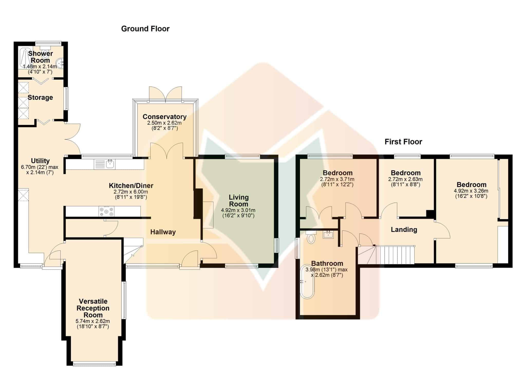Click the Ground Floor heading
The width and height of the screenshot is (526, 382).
pyautogui.click(x=145, y=29)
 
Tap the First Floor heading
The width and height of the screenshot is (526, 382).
pyautogui.click(x=403, y=142)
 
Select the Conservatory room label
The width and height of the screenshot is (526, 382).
pyautogui.click(x=165, y=117)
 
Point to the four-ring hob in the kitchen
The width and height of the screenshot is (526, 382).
pyautogui.click(x=107, y=211)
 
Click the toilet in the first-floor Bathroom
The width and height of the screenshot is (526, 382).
pyautogui.click(x=311, y=237)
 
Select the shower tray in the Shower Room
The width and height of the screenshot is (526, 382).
pyautogui.click(x=26, y=57)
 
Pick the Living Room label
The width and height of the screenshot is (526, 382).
pyautogui.click(x=239, y=201)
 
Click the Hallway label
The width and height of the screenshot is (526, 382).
pyautogui.click(x=163, y=232)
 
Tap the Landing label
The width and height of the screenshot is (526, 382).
pyautogui.click(x=404, y=230)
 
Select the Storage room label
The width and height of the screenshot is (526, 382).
pyautogui.click(x=40, y=97)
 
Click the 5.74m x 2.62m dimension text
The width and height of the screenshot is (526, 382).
pyautogui.click(x=93, y=321)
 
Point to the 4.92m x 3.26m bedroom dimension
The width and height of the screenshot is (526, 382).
pyautogui.click(x=471, y=191)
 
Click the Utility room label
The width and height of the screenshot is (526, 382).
pyautogui.click(x=40, y=161)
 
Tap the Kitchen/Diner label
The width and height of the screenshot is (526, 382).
pyautogui.click(x=131, y=185)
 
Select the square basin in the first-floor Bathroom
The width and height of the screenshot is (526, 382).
pyautogui.click(x=328, y=234)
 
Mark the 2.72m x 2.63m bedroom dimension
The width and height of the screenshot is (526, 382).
pyautogui.click(x=405, y=179)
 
